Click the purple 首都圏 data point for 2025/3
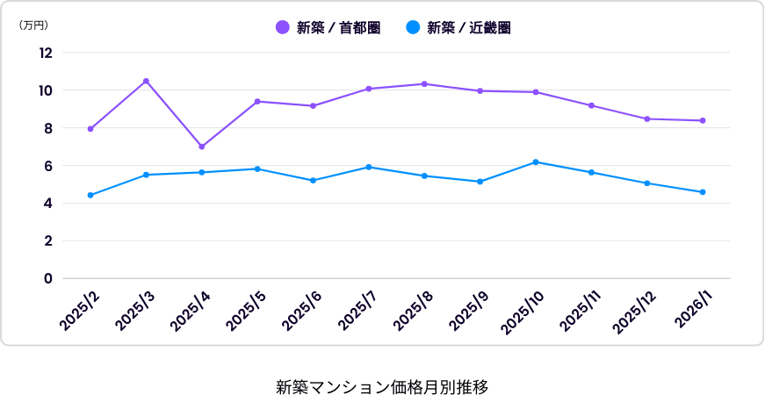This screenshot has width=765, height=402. (146, 81)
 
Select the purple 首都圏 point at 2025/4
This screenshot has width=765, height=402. (202, 147)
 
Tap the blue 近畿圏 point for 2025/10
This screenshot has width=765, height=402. (536, 162)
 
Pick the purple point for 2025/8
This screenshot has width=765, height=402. (424, 84)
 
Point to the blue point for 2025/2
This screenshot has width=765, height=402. (90, 195)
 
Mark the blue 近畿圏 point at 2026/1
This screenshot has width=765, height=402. (703, 192)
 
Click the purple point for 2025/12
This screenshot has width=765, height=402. (647, 118)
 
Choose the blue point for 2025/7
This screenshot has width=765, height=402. (369, 167)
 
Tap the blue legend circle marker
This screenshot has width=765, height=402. (413, 28)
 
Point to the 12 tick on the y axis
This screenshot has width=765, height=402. (46, 53)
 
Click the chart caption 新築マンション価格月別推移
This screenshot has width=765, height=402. (382, 386)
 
